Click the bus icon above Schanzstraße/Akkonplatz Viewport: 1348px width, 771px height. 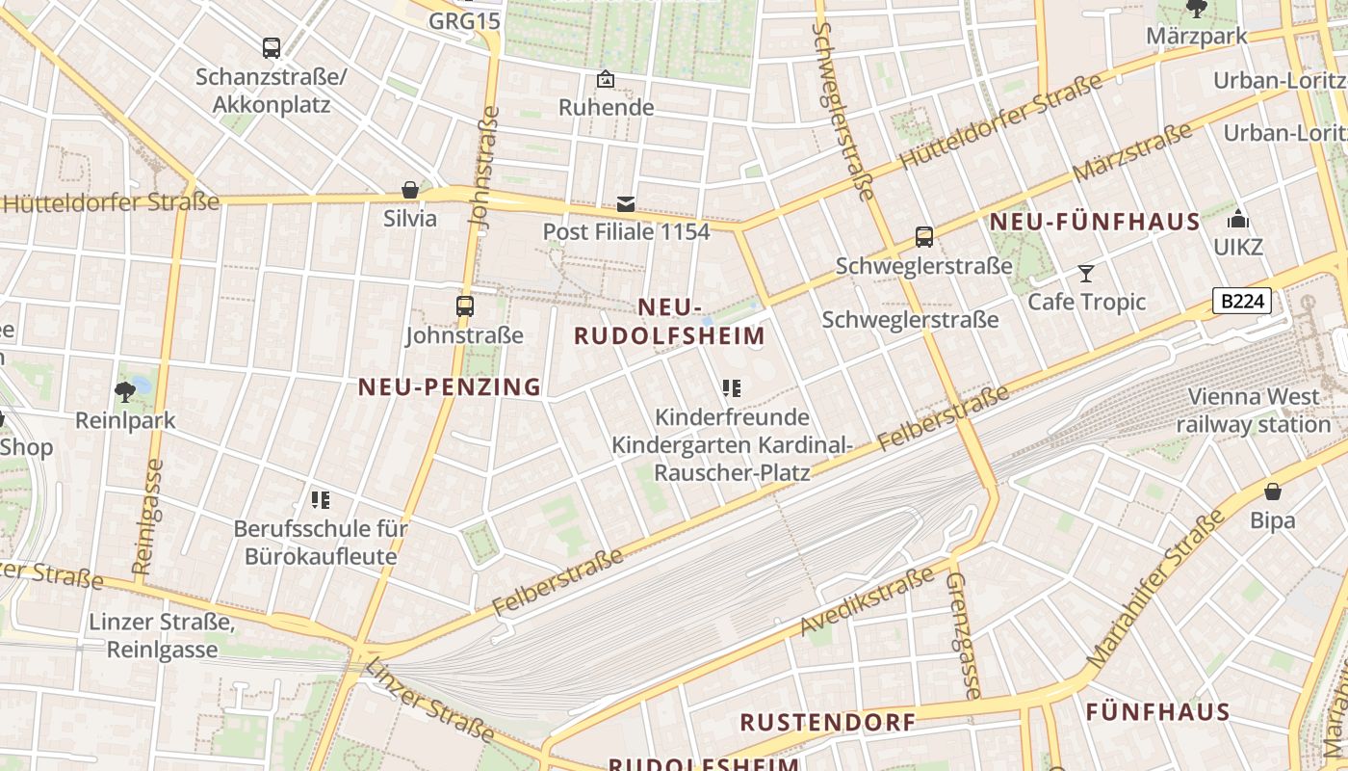(272, 47)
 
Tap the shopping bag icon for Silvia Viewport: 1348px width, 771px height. (410, 190)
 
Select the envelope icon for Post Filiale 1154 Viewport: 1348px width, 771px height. (626, 203)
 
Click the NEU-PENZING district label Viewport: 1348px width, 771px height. (450, 387)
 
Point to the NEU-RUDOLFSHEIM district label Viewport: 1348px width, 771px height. (669, 322)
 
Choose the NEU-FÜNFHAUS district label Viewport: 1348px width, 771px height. (1095, 223)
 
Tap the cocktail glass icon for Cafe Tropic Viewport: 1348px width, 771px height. (1086, 274)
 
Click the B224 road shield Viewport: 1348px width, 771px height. (1241, 302)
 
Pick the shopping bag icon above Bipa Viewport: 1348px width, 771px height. (1273, 492)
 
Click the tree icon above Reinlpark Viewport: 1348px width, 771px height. (124, 391)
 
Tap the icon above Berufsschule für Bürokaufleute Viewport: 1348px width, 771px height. (321, 499)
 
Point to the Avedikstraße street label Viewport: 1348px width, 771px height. (867, 601)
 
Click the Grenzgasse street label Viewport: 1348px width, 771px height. (964, 635)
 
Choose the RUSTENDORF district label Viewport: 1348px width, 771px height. (827, 722)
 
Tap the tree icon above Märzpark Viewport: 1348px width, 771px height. (1197, 10)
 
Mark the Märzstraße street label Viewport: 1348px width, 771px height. (1131, 154)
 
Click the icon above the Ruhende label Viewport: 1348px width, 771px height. (606, 79)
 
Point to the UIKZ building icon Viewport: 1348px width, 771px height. (1238, 220)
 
